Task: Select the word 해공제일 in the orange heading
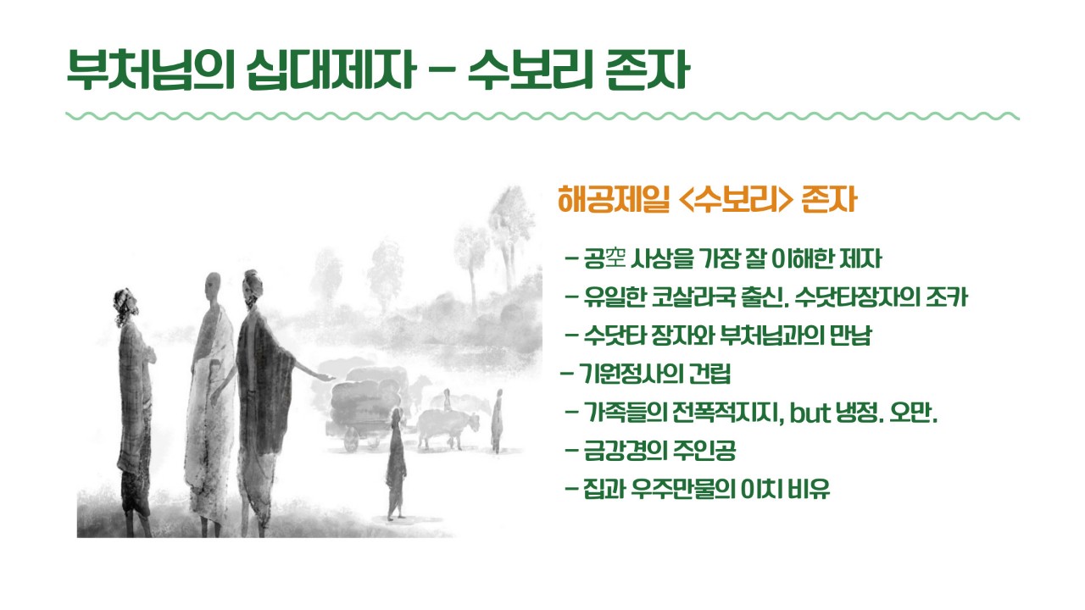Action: point(614,199)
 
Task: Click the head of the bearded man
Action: point(125,305)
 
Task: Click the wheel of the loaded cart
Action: point(351,439)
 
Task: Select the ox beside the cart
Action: point(446,427)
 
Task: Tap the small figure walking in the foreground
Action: point(396,463)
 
